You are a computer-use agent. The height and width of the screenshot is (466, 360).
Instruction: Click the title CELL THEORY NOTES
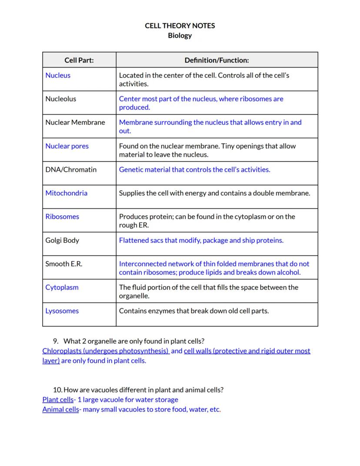pyautogui.click(x=180, y=26)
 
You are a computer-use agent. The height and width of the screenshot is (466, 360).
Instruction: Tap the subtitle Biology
pyautogui.click(x=180, y=36)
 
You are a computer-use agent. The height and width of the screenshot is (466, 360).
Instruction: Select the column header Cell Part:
pyautogui.click(x=79, y=60)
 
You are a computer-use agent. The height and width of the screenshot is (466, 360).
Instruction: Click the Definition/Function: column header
pyautogui.click(x=217, y=60)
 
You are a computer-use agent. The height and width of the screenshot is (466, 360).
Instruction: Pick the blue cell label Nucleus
pyautogui.click(x=58, y=75)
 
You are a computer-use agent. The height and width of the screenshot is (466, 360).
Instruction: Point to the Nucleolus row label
pyautogui.click(x=60, y=99)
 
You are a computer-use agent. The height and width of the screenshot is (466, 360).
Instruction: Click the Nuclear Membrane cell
pyautogui.click(x=75, y=122)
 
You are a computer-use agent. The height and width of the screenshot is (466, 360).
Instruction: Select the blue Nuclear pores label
pyautogui.click(x=67, y=146)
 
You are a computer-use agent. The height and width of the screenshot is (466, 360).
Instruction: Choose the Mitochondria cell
pyautogui.click(x=66, y=193)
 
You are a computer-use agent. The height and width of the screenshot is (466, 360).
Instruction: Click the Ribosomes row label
pyautogui.click(x=62, y=216)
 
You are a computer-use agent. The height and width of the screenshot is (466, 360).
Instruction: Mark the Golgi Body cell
pyautogui.click(x=62, y=240)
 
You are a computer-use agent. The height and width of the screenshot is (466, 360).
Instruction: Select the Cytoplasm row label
pyautogui.click(x=62, y=287)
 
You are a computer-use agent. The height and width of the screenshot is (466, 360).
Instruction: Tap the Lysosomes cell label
pyautogui.click(x=62, y=311)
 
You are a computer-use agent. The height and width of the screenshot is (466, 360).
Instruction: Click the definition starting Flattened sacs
pyautogui.click(x=201, y=240)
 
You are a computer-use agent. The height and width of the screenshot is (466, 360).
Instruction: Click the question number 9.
pyautogui.click(x=56, y=341)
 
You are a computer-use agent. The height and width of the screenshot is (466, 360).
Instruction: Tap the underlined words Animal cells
pyautogui.click(x=60, y=409)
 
